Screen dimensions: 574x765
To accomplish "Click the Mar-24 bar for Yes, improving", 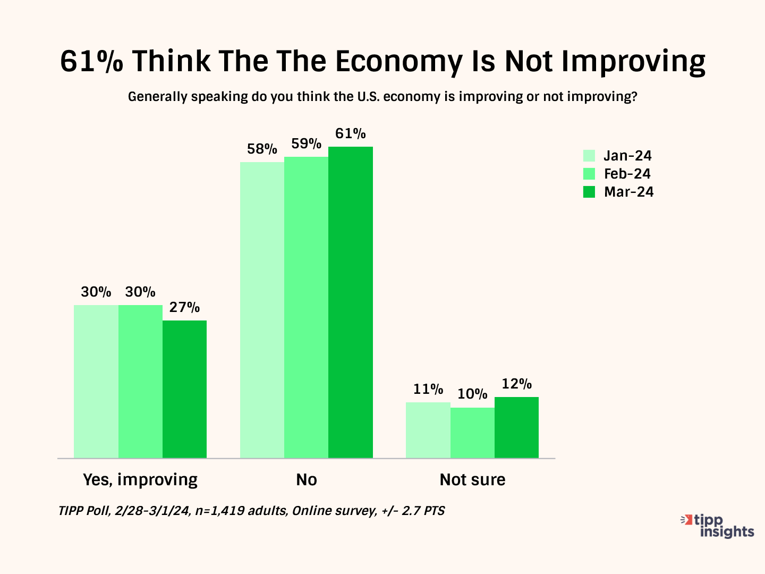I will [x=184, y=389].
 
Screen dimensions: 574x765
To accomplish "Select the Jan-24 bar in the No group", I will [x=262, y=310].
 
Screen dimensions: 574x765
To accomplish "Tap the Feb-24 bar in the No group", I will [x=306, y=307].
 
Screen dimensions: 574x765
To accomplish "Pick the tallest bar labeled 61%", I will [x=351, y=302].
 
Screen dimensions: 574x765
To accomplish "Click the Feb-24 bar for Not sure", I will [x=472, y=433].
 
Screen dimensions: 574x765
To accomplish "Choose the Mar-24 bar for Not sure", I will [x=516, y=427].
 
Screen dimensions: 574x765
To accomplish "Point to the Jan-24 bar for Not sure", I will [x=428, y=430].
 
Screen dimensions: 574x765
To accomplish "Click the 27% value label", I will [x=184, y=307].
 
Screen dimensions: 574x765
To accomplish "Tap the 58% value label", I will [x=262, y=149].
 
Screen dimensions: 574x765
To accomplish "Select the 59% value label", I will [x=307, y=143].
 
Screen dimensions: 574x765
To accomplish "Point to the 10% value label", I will [x=472, y=394].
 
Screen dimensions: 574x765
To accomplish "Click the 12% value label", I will [x=517, y=384].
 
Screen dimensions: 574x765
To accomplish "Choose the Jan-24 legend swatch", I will [x=589, y=156].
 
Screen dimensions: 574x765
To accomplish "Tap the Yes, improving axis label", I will [x=140, y=479].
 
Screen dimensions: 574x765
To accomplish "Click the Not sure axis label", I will [x=472, y=479].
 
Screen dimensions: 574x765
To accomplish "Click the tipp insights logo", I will [x=718, y=526].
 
